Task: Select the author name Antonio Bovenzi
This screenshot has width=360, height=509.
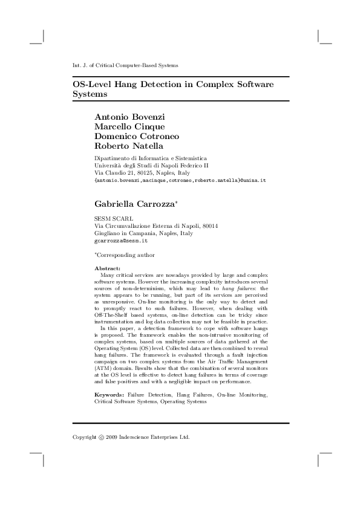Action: pyautogui.click(x=130, y=116)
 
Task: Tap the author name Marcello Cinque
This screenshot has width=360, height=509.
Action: pyautogui.click(x=129, y=126)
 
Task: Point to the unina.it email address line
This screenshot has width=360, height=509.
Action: pyautogui.click(x=180, y=180)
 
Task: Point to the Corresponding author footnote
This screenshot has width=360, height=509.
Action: pyautogui.click(x=125, y=255)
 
